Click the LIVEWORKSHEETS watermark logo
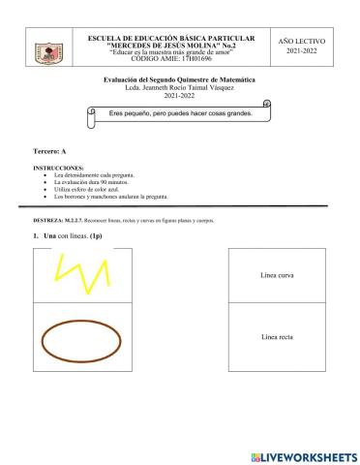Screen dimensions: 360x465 (x=303, y=456)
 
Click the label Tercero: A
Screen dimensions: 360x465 (x=49, y=152)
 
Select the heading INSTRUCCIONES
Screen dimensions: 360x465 (x=57, y=168)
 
